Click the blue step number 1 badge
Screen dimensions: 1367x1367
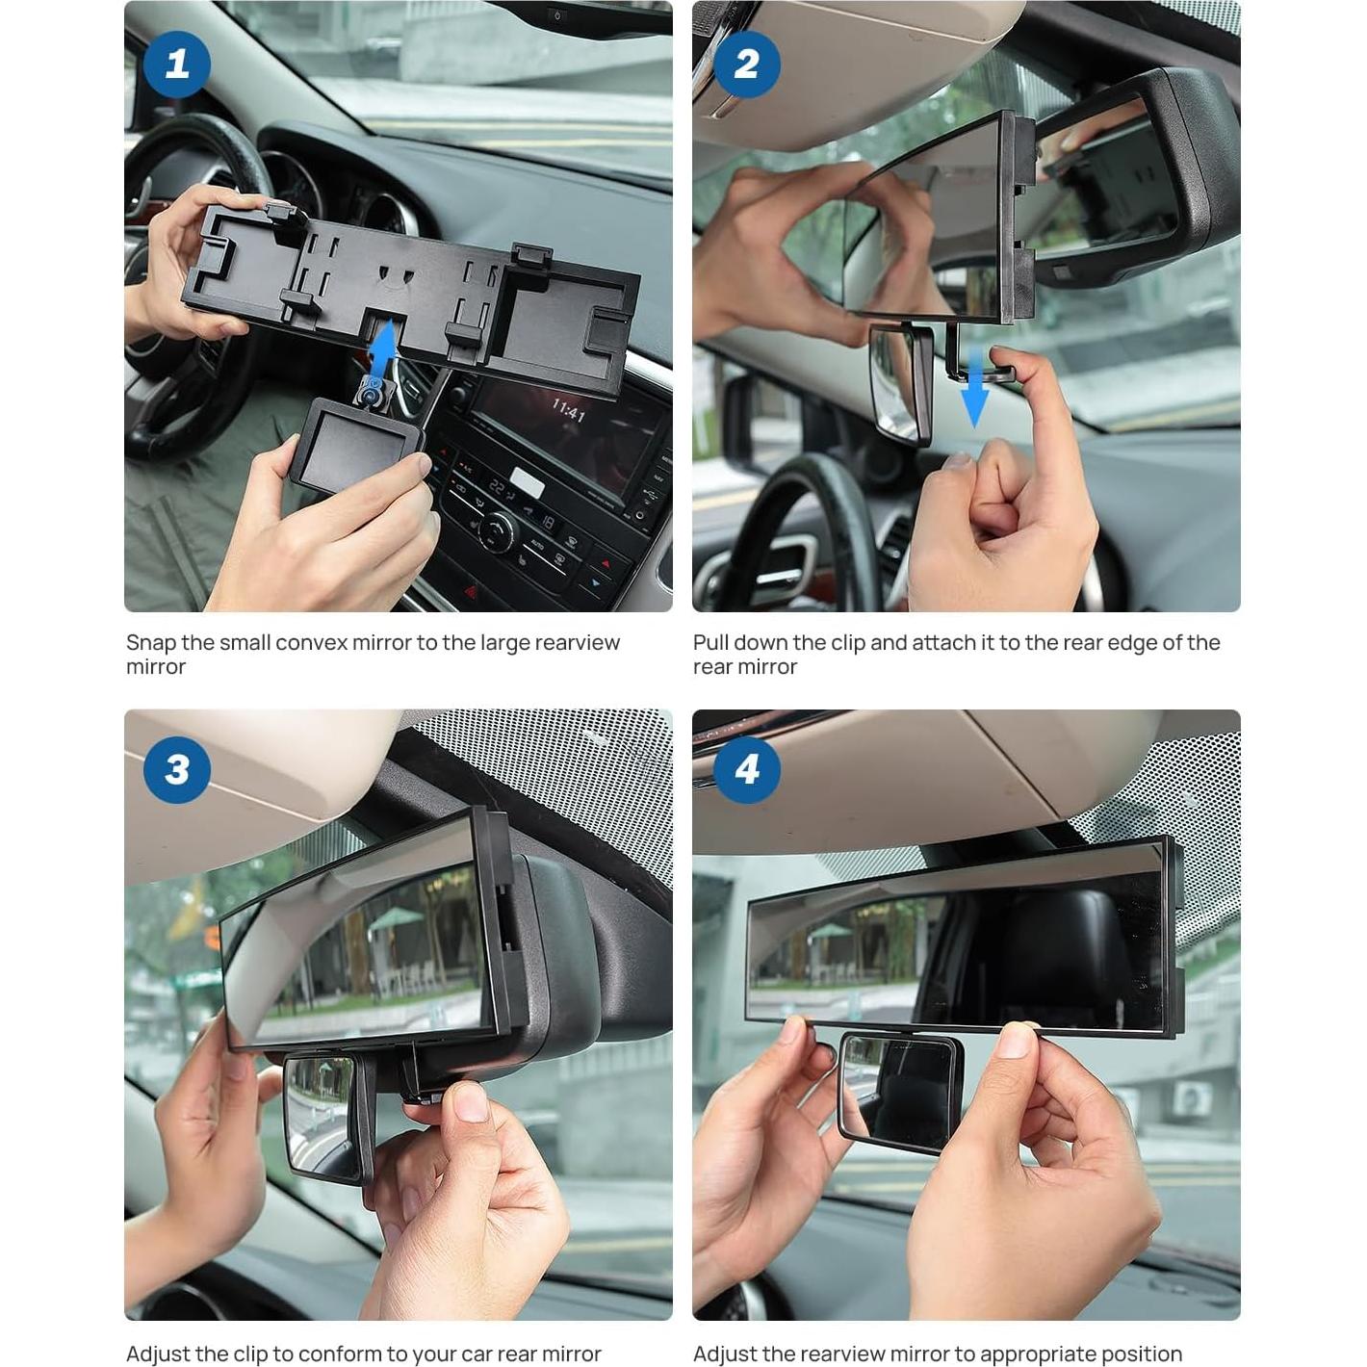(177, 64)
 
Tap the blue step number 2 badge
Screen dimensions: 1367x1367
(746, 64)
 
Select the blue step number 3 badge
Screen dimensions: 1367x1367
(177, 768)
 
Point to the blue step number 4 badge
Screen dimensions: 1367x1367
(746, 768)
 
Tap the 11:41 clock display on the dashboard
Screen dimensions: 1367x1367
(568, 411)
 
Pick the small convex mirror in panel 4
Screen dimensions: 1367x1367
(899, 1092)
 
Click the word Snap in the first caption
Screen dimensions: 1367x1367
(150, 643)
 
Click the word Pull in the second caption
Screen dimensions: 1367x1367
(710, 643)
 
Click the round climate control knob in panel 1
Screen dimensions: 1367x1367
(497, 528)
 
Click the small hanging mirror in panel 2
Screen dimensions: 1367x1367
(899, 383)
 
